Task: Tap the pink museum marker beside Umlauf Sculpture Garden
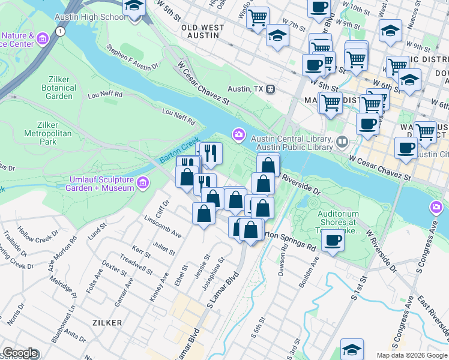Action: point(143,182)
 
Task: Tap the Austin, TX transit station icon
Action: point(271,88)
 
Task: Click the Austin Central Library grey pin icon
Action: point(342,142)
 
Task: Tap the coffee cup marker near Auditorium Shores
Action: point(332,241)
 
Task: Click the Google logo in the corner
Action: point(20,353)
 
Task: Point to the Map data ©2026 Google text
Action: point(411,355)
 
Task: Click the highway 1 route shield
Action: point(59,32)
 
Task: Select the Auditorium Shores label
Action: point(337,221)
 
